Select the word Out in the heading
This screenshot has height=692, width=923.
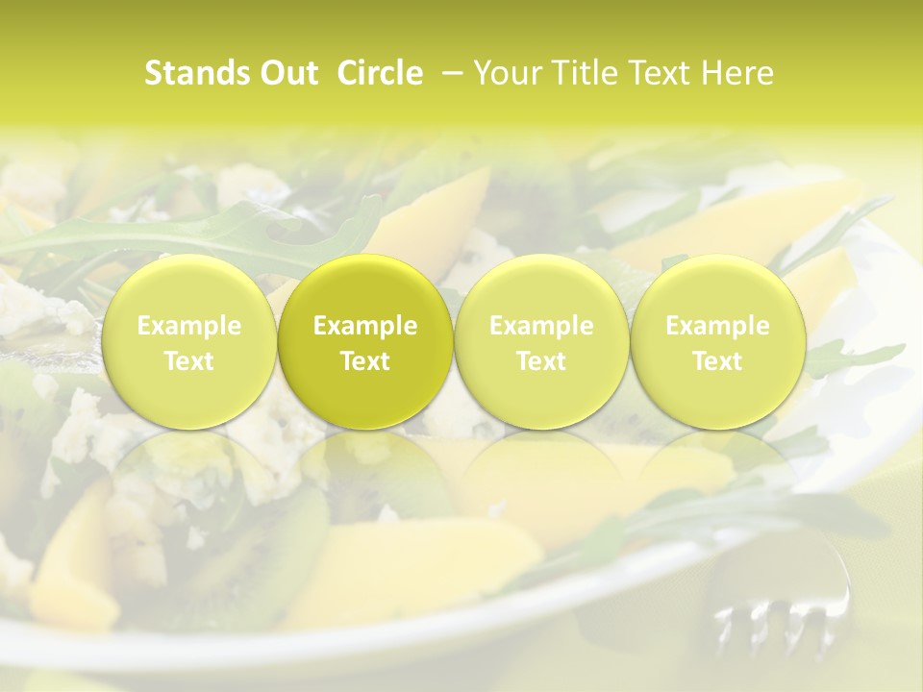286,73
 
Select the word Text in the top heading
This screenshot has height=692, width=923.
655,73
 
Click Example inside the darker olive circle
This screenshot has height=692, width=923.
365,326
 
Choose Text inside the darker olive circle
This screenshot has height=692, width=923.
365,360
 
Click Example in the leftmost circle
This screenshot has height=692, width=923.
189,326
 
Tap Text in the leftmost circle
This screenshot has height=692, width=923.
189,360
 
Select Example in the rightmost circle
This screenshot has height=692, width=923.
717,326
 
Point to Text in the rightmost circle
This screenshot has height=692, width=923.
717,360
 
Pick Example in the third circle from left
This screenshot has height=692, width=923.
541,326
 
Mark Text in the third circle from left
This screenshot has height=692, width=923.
541,360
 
